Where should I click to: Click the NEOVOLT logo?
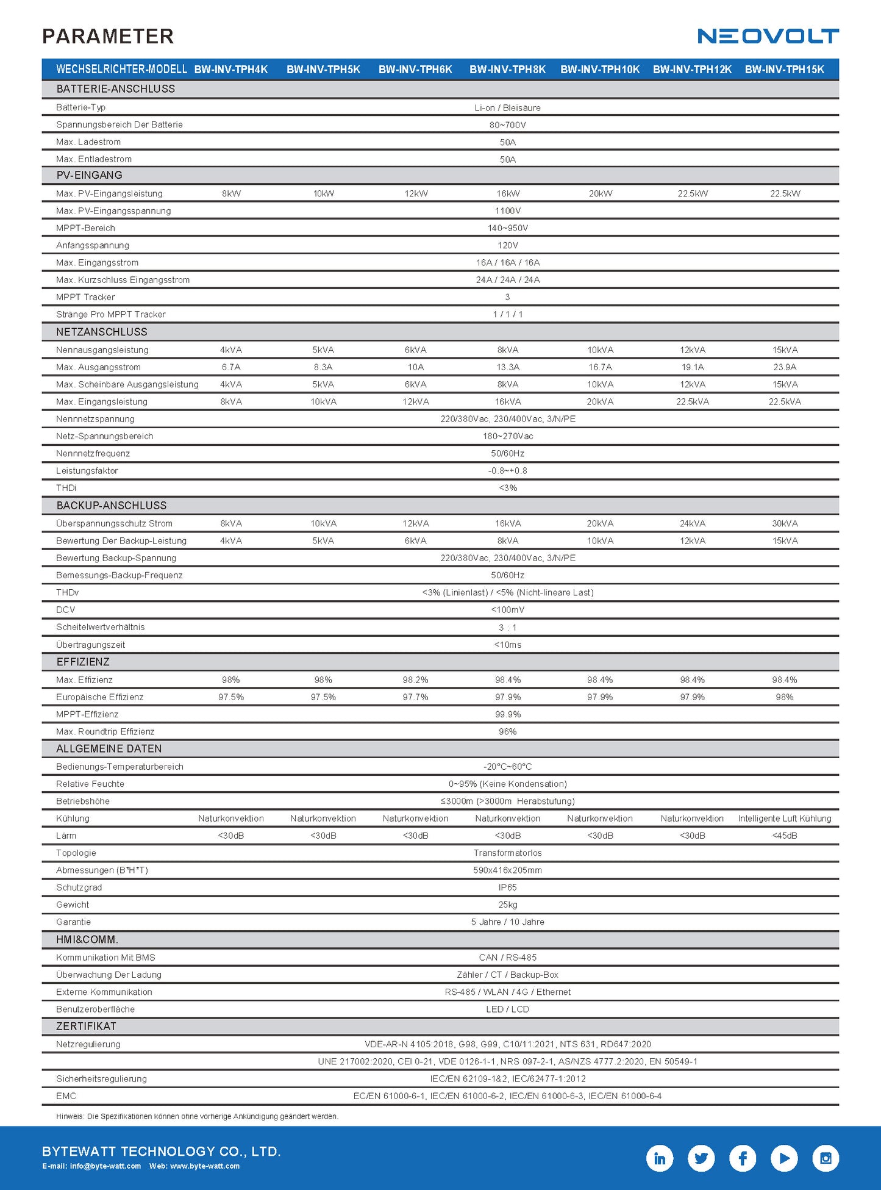pos(768,36)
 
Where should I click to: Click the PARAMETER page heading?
pos(108,37)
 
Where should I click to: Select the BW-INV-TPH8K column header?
pos(507,70)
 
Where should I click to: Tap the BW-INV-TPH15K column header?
pos(784,70)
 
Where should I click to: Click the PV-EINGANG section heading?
pos(89,175)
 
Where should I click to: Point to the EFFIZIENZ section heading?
pos(83,662)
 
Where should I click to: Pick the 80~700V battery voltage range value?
pos(507,125)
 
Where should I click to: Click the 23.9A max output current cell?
pos(785,367)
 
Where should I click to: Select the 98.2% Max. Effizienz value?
pos(415,679)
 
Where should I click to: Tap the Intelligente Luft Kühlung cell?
pos(785,819)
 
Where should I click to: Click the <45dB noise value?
pos(785,836)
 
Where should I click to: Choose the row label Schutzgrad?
pos(79,887)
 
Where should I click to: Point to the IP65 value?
pos(507,887)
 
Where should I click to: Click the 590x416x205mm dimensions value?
pos(507,870)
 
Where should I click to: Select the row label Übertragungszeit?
pos(90,645)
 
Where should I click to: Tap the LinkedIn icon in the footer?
pos(660,1158)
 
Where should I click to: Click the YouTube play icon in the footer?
pos(784,1158)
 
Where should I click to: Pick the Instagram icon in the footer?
pos(826,1158)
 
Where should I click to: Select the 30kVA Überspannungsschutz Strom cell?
pos(785,523)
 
